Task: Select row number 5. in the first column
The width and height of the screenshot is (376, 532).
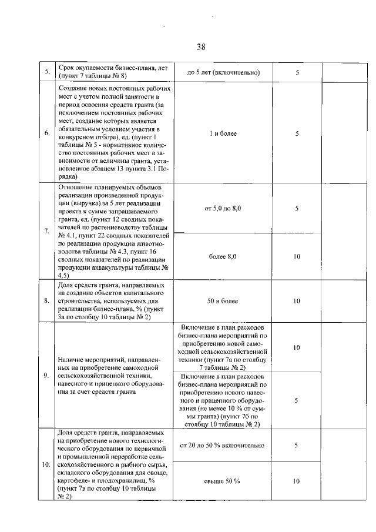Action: (x=46, y=72)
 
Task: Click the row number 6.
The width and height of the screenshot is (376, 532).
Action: (x=46, y=133)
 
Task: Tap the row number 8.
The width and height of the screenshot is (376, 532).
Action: (x=46, y=301)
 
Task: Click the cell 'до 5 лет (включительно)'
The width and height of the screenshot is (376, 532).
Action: (x=223, y=72)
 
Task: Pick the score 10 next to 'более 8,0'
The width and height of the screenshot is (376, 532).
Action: (x=297, y=257)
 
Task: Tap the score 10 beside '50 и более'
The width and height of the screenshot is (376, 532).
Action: (x=297, y=301)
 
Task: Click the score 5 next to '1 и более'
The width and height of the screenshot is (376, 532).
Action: (x=297, y=133)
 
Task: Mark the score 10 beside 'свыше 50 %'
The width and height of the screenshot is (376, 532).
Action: (x=297, y=481)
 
